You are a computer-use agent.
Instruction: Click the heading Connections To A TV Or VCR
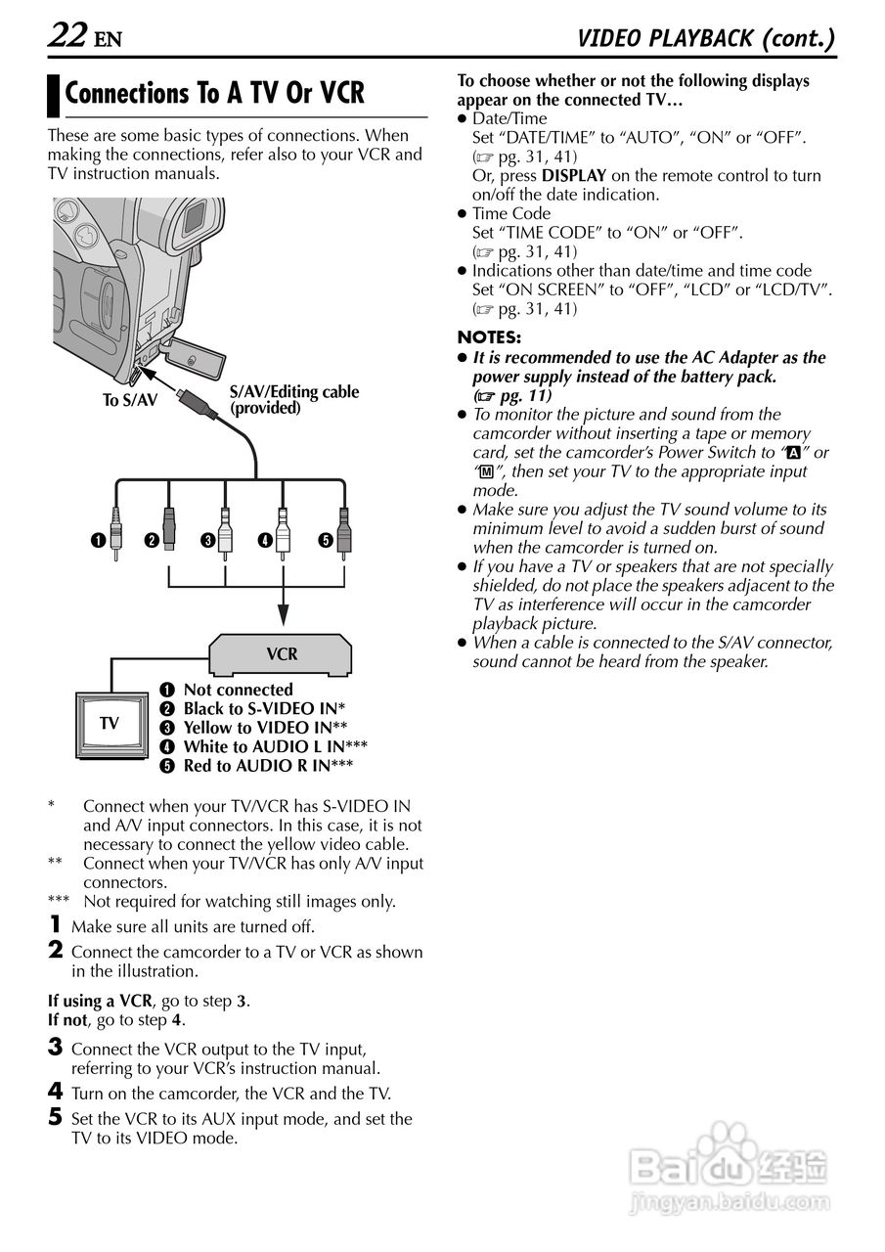(x=214, y=94)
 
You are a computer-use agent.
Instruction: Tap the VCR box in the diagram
(x=282, y=654)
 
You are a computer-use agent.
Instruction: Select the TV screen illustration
(x=110, y=724)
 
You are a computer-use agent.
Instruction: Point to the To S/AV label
(x=129, y=400)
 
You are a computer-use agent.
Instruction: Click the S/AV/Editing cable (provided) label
(x=293, y=400)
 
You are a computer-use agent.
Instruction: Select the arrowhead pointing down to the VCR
(x=284, y=613)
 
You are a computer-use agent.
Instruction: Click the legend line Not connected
(x=238, y=690)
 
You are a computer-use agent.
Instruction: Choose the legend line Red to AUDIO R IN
(x=268, y=766)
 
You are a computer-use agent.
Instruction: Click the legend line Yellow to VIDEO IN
(x=265, y=728)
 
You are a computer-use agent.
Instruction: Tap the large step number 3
(x=56, y=1048)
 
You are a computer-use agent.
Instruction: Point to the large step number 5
(x=56, y=1117)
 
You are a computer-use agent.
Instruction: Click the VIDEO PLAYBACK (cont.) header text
(x=706, y=38)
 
